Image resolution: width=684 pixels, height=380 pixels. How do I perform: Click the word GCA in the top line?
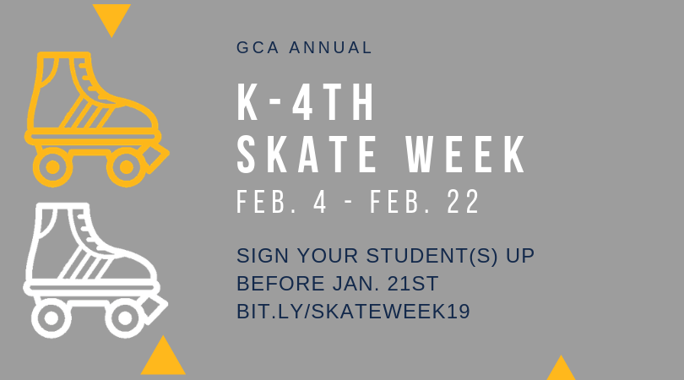pyautogui.click(x=258, y=47)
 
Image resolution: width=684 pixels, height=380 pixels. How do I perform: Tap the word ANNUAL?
pyautogui.click(x=330, y=47)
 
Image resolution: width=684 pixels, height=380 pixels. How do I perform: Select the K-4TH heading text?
pyautogui.click(x=306, y=102)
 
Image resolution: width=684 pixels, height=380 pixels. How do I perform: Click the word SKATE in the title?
pyautogui.click(x=307, y=155)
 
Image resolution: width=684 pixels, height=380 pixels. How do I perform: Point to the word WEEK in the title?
pyautogui.click(x=466, y=155)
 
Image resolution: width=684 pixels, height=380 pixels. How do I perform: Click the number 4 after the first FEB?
pyautogui.click(x=320, y=202)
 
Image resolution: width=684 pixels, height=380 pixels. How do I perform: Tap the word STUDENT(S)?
pyautogui.click(x=432, y=256)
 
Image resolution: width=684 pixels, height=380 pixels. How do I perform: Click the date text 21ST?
pyautogui.click(x=413, y=284)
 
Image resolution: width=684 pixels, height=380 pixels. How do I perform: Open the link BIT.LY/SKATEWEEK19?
pyautogui.click(x=353, y=312)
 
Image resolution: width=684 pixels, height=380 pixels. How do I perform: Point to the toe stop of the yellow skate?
pyautogui.click(x=155, y=159)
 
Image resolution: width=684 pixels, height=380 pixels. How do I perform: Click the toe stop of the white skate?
pyautogui.click(x=155, y=310)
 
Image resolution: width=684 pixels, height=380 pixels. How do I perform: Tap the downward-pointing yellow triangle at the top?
pyautogui.click(x=111, y=18)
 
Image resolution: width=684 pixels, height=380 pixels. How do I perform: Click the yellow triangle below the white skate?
pyautogui.click(x=163, y=359)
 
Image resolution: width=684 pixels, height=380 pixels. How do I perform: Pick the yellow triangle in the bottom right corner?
pyautogui.click(x=561, y=369)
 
